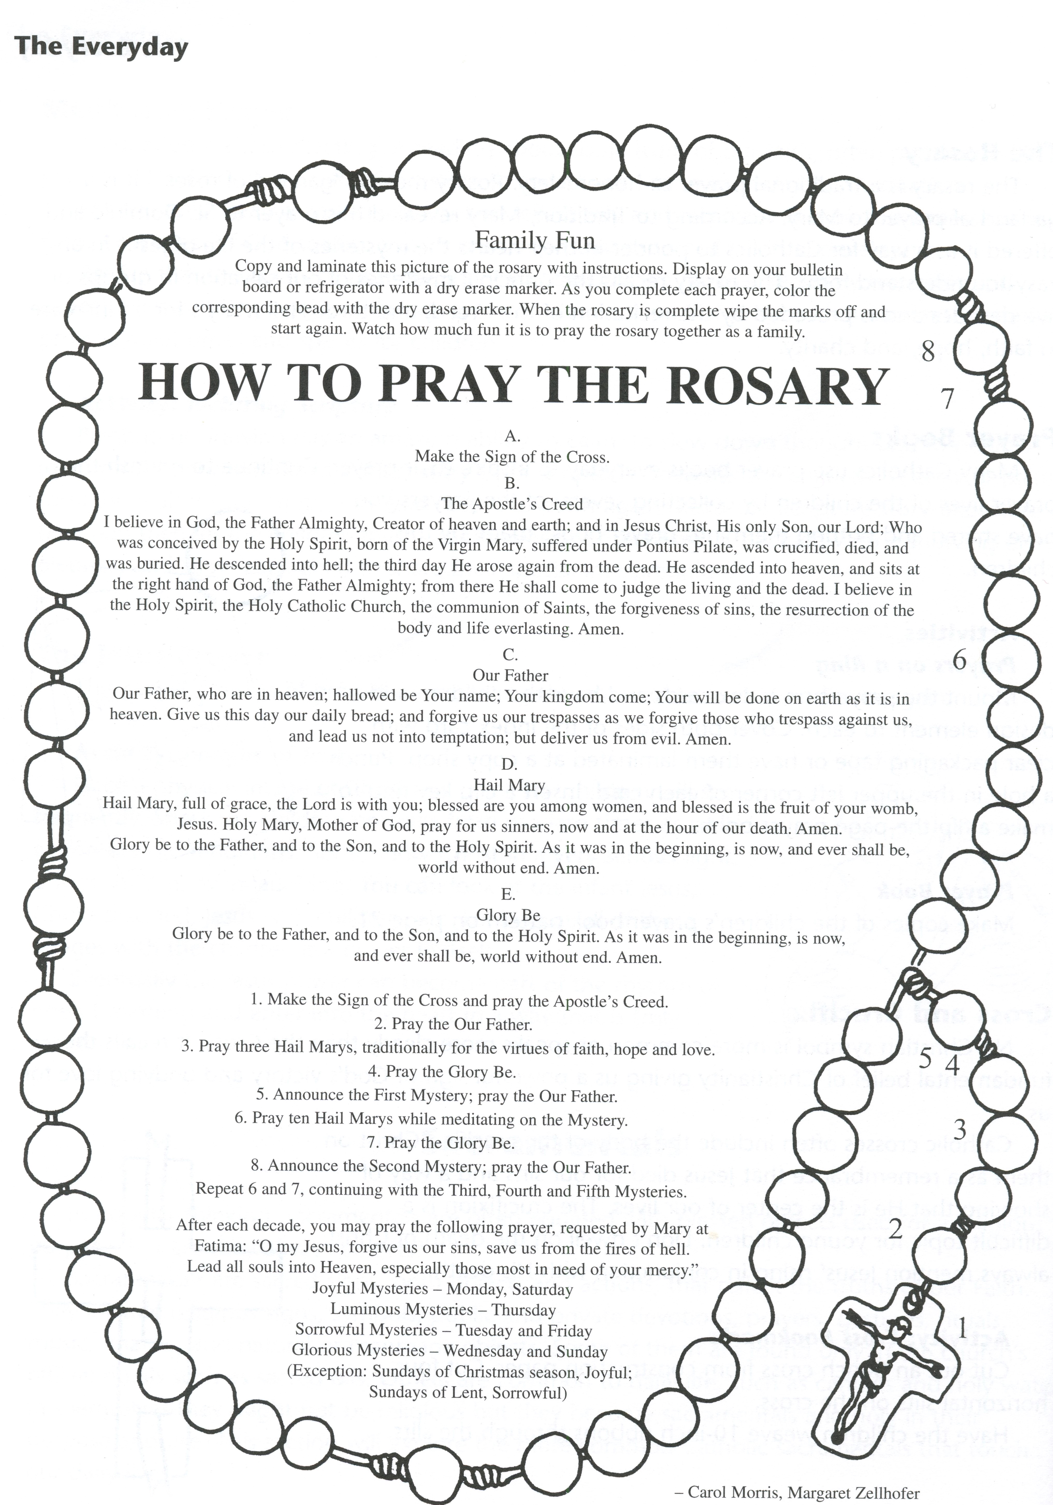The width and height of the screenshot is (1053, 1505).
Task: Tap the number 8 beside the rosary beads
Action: (x=928, y=352)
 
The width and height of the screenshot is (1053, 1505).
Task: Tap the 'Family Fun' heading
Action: (x=535, y=240)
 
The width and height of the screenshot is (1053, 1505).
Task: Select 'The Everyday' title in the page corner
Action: (x=101, y=47)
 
